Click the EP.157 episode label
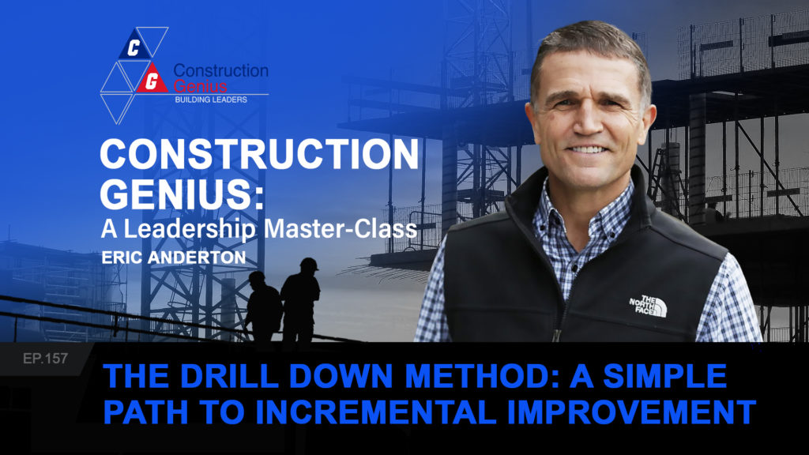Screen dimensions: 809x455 [x=45, y=358]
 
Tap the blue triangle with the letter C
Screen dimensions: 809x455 [x=134, y=46]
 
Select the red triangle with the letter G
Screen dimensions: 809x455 [x=151, y=78]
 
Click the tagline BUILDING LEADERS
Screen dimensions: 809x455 [x=211, y=100]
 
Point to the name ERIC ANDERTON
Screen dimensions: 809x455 [x=173, y=258]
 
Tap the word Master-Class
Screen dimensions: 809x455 [x=341, y=229]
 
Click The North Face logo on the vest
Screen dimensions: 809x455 [x=649, y=306]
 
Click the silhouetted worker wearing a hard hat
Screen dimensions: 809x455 [x=300, y=301]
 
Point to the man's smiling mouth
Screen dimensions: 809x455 [x=587, y=149]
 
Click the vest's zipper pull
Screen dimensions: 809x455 [x=557, y=335]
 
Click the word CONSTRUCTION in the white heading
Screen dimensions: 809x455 [x=259, y=154]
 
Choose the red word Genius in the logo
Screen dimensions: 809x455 [x=200, y=85]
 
